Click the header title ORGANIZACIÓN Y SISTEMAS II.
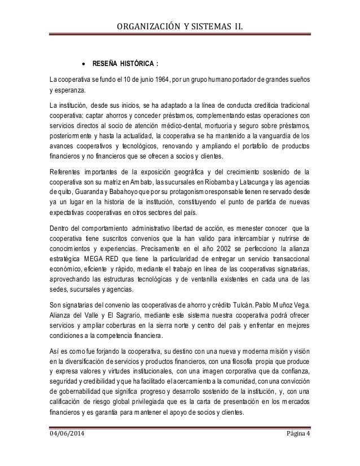179,24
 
